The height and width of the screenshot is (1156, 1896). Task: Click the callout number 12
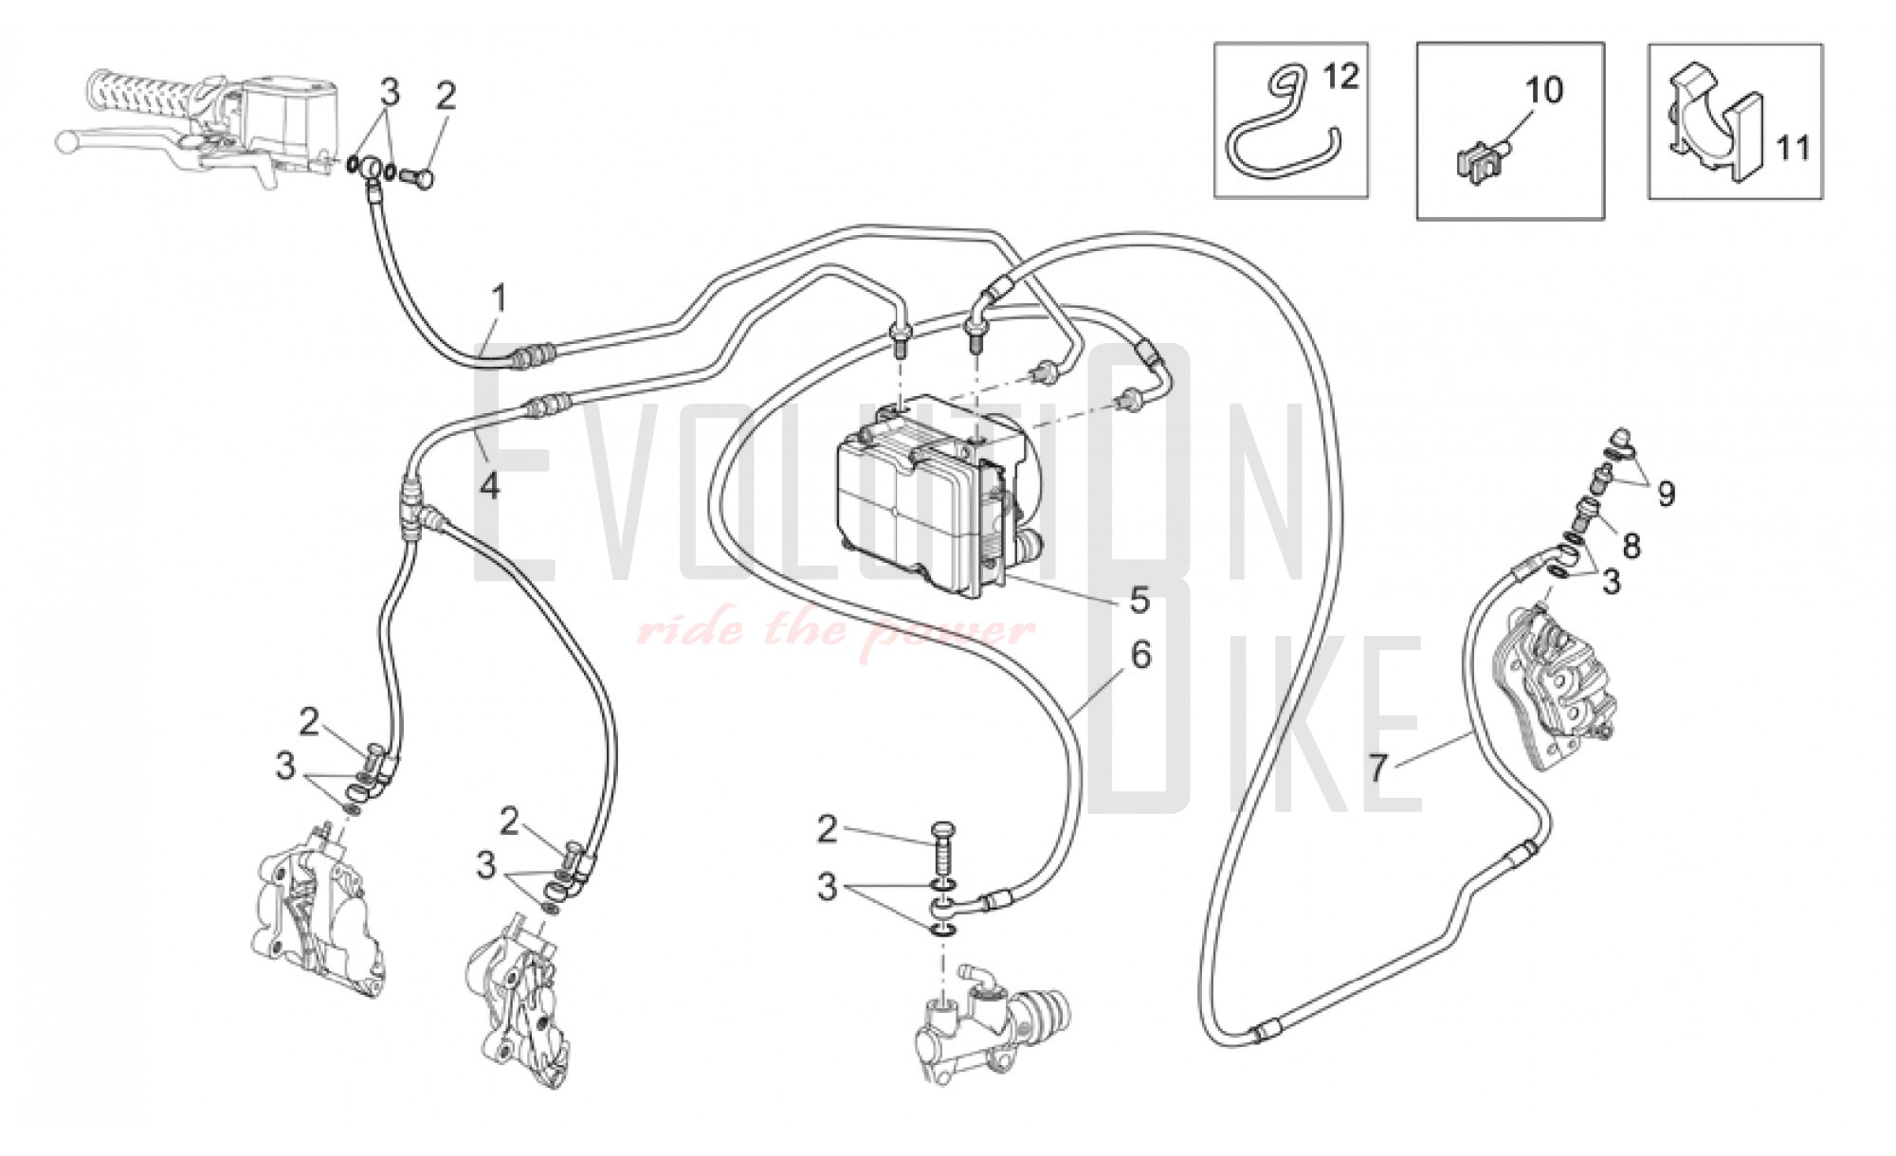pyautogui.click(x=1340, y=75)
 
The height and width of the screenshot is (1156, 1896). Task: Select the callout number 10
pyautogui.click(x=1543, y=90)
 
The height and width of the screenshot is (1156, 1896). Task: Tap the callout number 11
pyautogui.click(x=1793, y=148)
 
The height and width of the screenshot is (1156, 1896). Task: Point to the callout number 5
pyautogui.click(x=1139, y=599)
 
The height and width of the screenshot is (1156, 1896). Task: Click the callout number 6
pyautogui.click(x=1140, y=655)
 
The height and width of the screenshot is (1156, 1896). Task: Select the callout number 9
pyautogui.click(x=1666, y=494)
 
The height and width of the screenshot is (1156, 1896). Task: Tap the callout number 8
pyautogui.click(x=1631, y=545)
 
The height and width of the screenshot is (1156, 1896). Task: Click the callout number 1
pyautogui.click(x=499, y=299)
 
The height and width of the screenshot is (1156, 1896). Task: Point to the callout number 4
pyautogui.click(x=489, y=485)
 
